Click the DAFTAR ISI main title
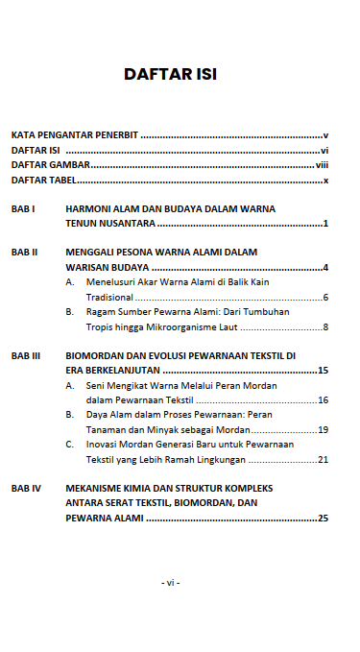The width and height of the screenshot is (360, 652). [171, 75]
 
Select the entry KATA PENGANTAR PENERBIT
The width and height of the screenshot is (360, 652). [75, 136]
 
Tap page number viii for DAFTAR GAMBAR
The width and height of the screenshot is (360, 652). [322, 165]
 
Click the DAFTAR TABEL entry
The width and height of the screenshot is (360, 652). [43, 181]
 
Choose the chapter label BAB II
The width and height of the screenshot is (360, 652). [24, 253]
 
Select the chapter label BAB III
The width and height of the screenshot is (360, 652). [25, 355]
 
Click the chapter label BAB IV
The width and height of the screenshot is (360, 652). [25, 488]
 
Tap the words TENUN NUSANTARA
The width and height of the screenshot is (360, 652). [109, 224]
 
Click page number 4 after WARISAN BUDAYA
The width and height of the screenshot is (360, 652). [326, 268]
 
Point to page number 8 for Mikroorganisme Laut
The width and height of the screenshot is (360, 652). [326, 327]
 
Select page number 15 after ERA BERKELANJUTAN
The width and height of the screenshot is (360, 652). [324, 371]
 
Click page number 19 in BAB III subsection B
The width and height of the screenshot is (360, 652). [324, 430]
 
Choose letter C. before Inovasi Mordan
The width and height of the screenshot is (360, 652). [70, 445]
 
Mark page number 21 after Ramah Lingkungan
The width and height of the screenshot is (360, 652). [324, 460]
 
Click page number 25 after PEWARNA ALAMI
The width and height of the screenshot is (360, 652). [324, 519]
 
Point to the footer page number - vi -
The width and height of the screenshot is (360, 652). [171, 583]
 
